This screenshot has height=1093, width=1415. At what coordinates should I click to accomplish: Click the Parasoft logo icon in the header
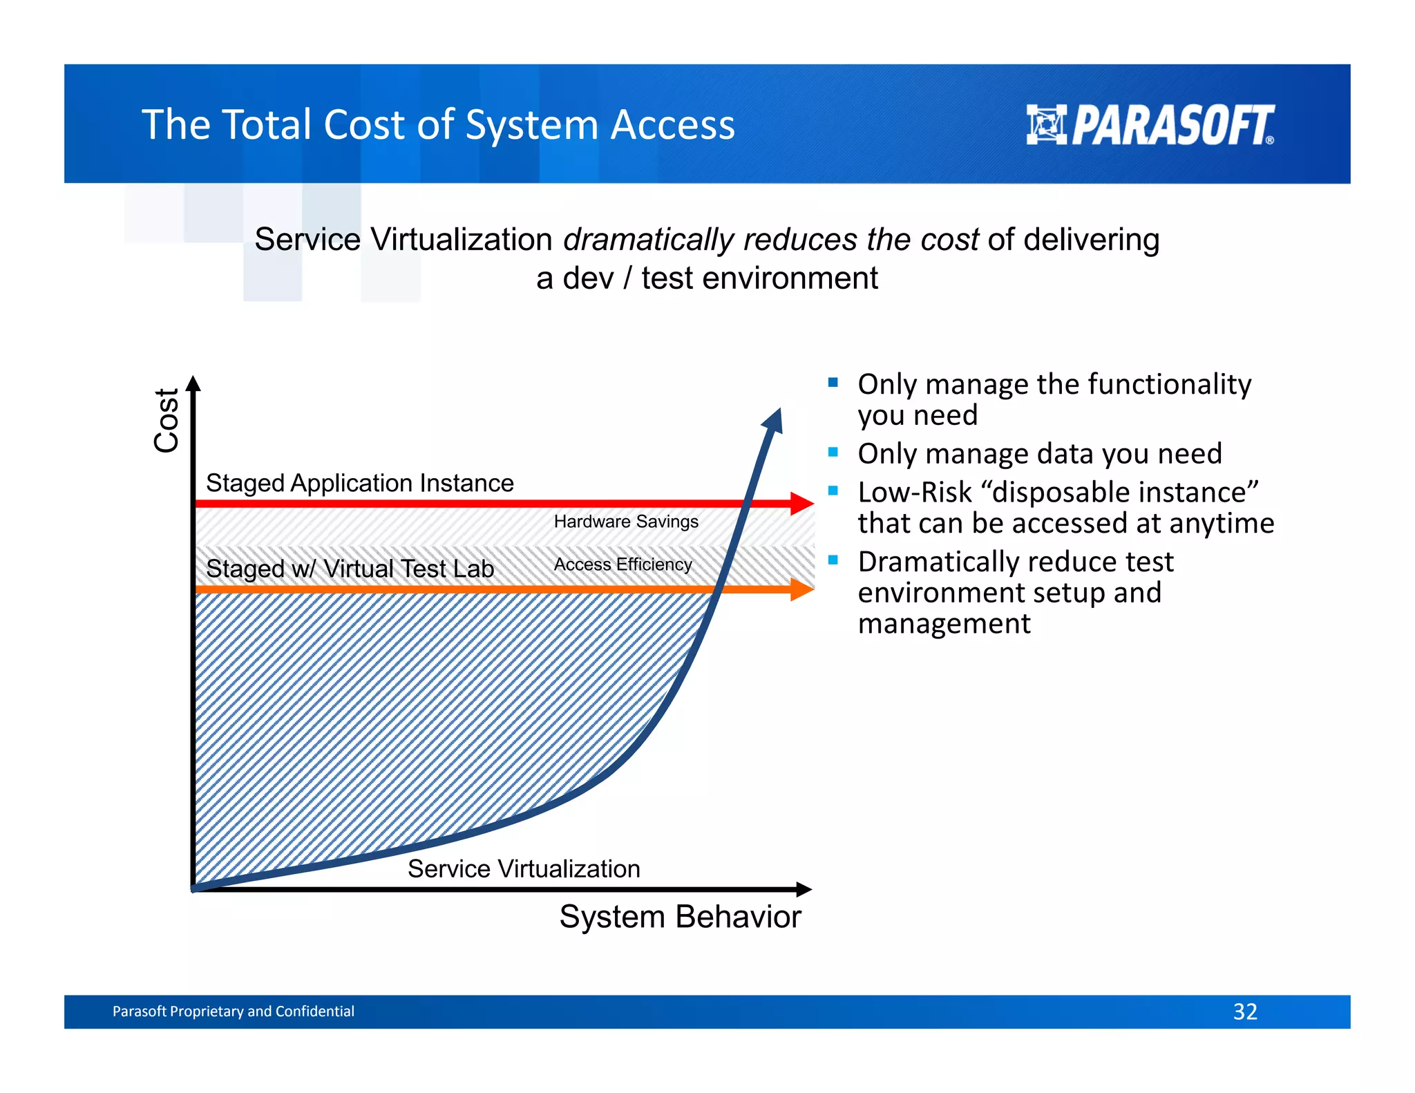tap(1046, 124)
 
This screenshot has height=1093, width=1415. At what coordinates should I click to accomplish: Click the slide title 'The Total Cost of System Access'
tap(438, 125)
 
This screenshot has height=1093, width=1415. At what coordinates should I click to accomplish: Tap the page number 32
tap(1244, 1011)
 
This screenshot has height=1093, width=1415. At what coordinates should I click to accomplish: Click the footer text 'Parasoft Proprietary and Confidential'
tap(233, 1011)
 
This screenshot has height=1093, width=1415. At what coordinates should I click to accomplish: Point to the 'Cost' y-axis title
tap(167, 420)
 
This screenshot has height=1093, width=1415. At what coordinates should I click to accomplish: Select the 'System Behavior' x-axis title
tap(680, 917)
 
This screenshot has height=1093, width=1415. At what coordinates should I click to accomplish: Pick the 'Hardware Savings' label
tap(625, 522)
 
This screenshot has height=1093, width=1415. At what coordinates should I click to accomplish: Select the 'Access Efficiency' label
tap(623, 564)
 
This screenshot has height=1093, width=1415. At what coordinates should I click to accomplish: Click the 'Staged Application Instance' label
tap(359, 483)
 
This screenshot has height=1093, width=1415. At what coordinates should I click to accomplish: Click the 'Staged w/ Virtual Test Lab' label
tap(350, 569)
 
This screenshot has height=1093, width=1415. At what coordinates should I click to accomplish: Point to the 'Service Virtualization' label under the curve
tap(524, 868)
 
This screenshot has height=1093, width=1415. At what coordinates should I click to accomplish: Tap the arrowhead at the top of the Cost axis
tap(193, 383)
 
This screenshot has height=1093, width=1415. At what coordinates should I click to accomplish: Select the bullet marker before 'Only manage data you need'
tap(833, 453)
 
